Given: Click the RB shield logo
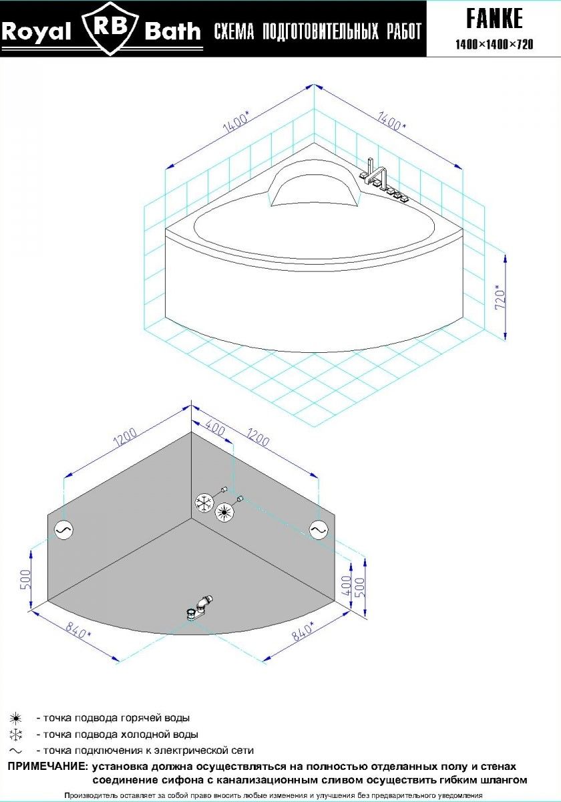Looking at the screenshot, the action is point(110,29).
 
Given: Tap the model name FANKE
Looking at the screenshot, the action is point(494,19).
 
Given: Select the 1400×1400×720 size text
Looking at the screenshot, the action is point(494,44).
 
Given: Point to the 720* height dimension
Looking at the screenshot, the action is point(500,297).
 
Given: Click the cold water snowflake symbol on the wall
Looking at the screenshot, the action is point(204,503).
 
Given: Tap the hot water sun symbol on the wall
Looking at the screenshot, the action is point(224,513).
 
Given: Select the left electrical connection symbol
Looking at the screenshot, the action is point(63,529).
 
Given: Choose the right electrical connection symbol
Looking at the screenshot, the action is point(319,529).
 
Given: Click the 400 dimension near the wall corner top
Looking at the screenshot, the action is point(215,429).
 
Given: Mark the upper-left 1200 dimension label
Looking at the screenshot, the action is point(125,437).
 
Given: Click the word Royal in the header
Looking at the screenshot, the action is point(37,31).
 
